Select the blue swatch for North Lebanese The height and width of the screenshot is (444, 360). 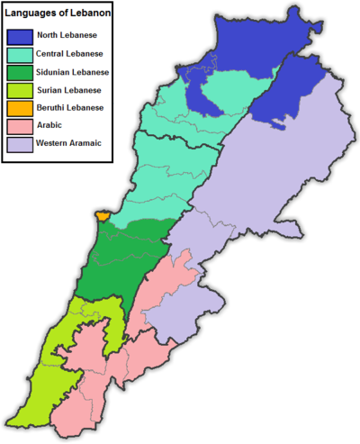click(x=21, y=37)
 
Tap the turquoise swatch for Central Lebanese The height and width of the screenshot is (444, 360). click(x=21, y=54)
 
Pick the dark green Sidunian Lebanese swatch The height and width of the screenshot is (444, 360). click(x=21, y=72)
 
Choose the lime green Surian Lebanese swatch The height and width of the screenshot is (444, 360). click(x=21, y=90)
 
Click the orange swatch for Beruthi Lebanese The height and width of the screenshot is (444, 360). click(x=21, y=108)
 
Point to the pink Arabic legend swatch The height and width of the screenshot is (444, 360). click(x=21, y=125)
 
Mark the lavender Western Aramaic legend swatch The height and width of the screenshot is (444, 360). click(x=21, y=143)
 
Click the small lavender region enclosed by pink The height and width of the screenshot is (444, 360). click(x=180, y=315)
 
